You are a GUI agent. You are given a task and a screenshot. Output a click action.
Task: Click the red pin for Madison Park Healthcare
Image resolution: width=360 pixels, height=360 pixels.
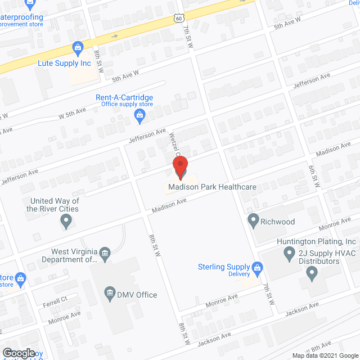(x=180, y=166)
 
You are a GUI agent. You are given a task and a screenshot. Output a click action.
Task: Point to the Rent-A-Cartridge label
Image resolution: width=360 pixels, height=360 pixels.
(x=124, y=97)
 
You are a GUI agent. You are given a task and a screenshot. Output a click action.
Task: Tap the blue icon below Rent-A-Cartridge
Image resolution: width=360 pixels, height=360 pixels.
(x=140, y=116)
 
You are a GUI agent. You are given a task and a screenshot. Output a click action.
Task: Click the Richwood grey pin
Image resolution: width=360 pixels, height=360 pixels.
(x=253, y=220)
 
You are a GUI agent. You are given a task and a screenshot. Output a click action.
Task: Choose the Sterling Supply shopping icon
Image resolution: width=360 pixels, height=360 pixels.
(x=258, y=268)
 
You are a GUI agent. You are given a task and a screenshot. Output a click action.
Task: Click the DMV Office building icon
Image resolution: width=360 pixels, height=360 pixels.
(x=110, y=292)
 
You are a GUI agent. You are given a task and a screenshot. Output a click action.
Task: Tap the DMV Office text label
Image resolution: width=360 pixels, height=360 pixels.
(x=137, y=295)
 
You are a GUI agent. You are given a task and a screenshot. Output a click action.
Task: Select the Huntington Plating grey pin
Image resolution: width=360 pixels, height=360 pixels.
(x=290, y=256)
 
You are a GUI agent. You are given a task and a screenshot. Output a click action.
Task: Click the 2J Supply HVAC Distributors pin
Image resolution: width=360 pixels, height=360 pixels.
(x=312, y=274)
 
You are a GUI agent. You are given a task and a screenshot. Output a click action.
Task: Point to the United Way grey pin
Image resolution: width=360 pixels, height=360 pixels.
(x=66, y=222)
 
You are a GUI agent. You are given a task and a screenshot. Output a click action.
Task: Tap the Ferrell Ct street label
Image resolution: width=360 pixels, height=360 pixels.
(x=56, y=299)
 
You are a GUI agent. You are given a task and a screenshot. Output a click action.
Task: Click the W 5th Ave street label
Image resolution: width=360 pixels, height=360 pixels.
(x=73, y=112)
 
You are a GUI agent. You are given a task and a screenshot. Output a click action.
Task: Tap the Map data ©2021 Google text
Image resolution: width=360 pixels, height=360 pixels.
(x=325, y=355)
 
